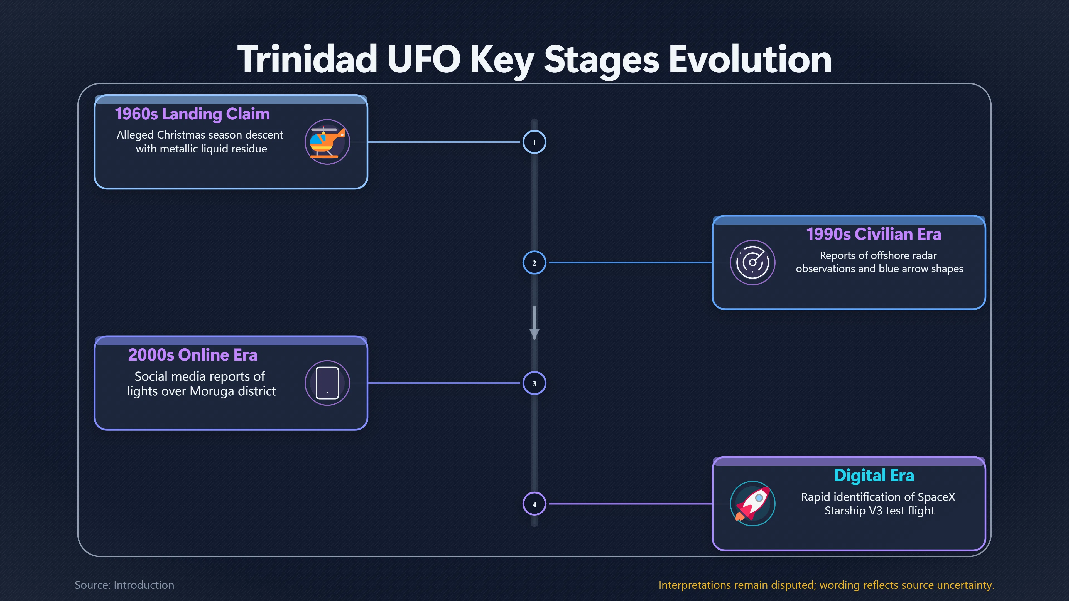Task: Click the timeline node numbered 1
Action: coord(534,142)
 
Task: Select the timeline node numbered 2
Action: coord(534,263)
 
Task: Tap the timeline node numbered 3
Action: coord(534,383)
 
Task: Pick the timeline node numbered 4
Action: coord(534,504)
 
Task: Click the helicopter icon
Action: coord(327,142)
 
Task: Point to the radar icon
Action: coord(752,263)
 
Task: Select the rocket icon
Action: coord(752,504)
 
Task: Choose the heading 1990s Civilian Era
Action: coord(874,234)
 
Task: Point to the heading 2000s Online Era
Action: coord(193,355)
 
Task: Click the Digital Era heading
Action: coord(874,475)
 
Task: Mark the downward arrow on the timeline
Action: coord(534,323)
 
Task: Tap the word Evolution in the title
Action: coord(750,59)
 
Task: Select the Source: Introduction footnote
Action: coord(124,585)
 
